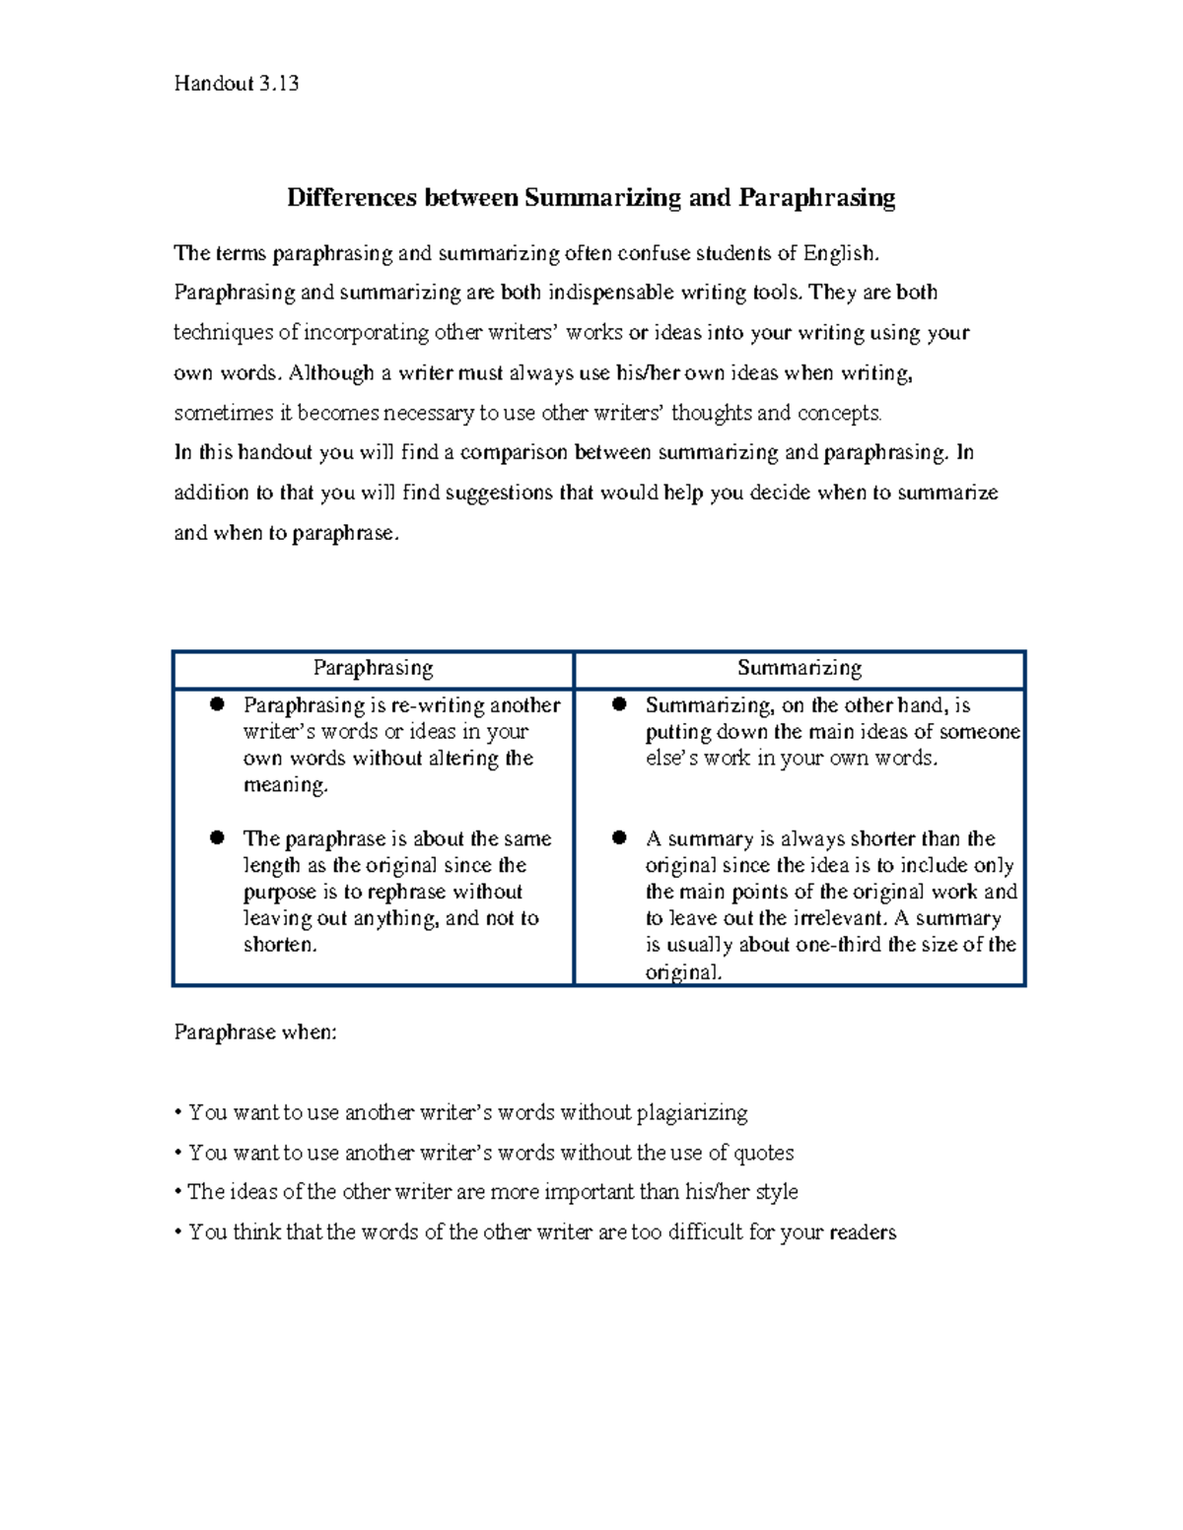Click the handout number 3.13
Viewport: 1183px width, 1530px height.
tap(279, 84)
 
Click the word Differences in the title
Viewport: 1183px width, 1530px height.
tap(352, 198)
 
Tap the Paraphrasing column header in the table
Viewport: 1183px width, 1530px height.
tap(373, 668)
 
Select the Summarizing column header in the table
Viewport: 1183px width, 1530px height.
tap(800, 668)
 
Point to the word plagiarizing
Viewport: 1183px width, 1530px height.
tap(692, 1113)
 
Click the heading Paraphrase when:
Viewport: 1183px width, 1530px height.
tap(255, 1032)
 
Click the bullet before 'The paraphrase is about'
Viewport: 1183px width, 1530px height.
tap(218, 837)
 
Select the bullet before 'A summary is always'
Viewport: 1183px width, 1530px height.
tap(619, 837)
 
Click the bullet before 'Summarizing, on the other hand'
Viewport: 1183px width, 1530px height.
tap(619, 704)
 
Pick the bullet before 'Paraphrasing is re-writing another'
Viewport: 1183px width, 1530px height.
tap(218, 704)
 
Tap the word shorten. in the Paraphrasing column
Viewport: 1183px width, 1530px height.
tap(281, 945)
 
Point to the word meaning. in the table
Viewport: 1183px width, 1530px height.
tap(285, 785)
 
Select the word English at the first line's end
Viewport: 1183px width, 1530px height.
tap(839, 253)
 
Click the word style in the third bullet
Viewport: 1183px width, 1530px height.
tap(777, 1192)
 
